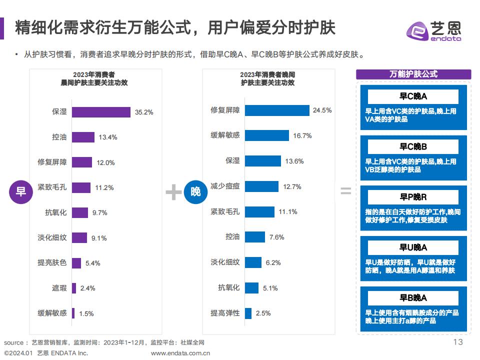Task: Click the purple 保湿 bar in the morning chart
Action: (101, 112)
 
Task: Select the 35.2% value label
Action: (144, 112)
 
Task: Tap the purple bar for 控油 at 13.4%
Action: (83, 137)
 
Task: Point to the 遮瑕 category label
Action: (59, 288)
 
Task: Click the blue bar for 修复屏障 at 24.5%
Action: (277, 110)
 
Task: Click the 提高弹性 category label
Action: (225, 313)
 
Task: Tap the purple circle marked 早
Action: (21, 191)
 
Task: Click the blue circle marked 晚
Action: (195, 191)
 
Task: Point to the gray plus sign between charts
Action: (173, 192)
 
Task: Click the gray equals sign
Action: (345, 191)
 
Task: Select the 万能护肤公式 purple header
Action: (413, 74)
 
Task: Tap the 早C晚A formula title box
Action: (413, 96)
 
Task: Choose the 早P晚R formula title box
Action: (413, 197)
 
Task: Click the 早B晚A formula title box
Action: (413, 298)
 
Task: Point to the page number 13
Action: (457, 342)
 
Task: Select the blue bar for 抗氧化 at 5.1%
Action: (251, 287)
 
